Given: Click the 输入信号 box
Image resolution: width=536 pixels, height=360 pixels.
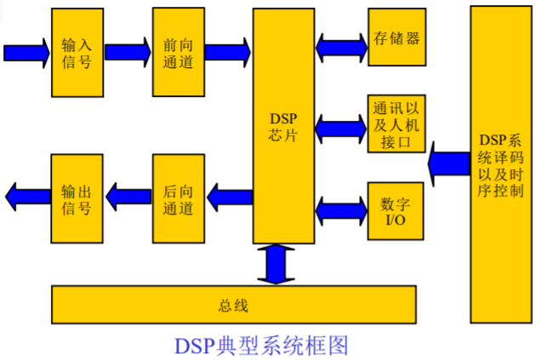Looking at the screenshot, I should tap(77, 53).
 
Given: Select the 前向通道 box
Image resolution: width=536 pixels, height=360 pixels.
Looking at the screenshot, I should tap(179, 53).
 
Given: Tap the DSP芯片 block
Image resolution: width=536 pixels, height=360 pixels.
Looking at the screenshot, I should tap(283, 128).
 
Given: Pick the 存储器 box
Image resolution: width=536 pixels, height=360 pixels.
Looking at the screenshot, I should tap(396, 38).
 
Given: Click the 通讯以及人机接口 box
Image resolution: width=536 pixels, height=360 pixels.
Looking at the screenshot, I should tap(396, 123).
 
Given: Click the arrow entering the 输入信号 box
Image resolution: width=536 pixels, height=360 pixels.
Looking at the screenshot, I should tap(26, 53).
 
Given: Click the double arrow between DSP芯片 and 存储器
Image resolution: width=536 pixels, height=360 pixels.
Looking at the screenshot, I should tap(340, 41).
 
